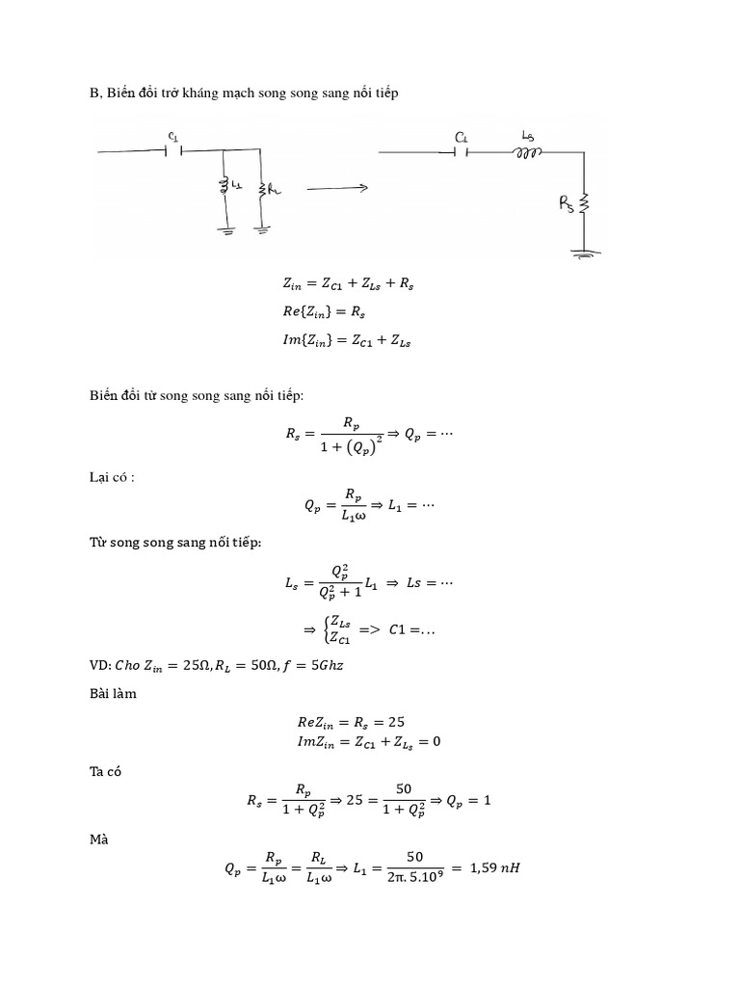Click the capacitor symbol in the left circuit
coord(172,149)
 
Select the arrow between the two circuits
coord(337,189)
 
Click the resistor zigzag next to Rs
coord(583,204)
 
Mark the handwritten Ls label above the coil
coord(527,134)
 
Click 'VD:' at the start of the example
coord(98,665)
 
